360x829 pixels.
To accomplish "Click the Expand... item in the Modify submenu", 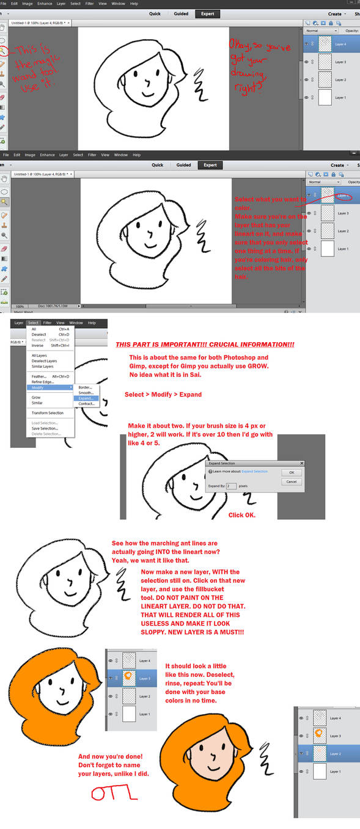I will (85, 398).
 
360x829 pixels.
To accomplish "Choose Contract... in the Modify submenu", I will (86, 404).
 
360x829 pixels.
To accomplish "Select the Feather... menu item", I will (40, 376).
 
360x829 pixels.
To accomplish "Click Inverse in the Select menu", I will (37, 345).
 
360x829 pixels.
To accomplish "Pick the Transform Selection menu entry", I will (47, 413).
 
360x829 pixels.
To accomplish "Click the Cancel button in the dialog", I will (292, 482).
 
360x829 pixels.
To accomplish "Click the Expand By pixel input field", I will (231, 486).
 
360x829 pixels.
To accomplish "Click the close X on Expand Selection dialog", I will (301, 464).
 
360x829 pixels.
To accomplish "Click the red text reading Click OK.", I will (242, 515).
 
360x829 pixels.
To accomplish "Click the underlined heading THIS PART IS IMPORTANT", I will (204, 345).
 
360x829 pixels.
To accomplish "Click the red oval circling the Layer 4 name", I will (343, 196).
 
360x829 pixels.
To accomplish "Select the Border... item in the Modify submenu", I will (86, 387).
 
